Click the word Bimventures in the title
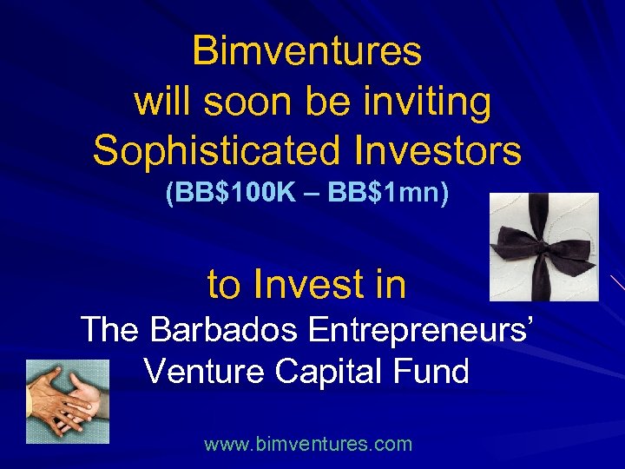tap(306, 50)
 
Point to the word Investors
tap(437, 150)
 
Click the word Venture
tap(203, 372)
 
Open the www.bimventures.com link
tap(308, 445)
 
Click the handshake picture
tap(68, 401)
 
